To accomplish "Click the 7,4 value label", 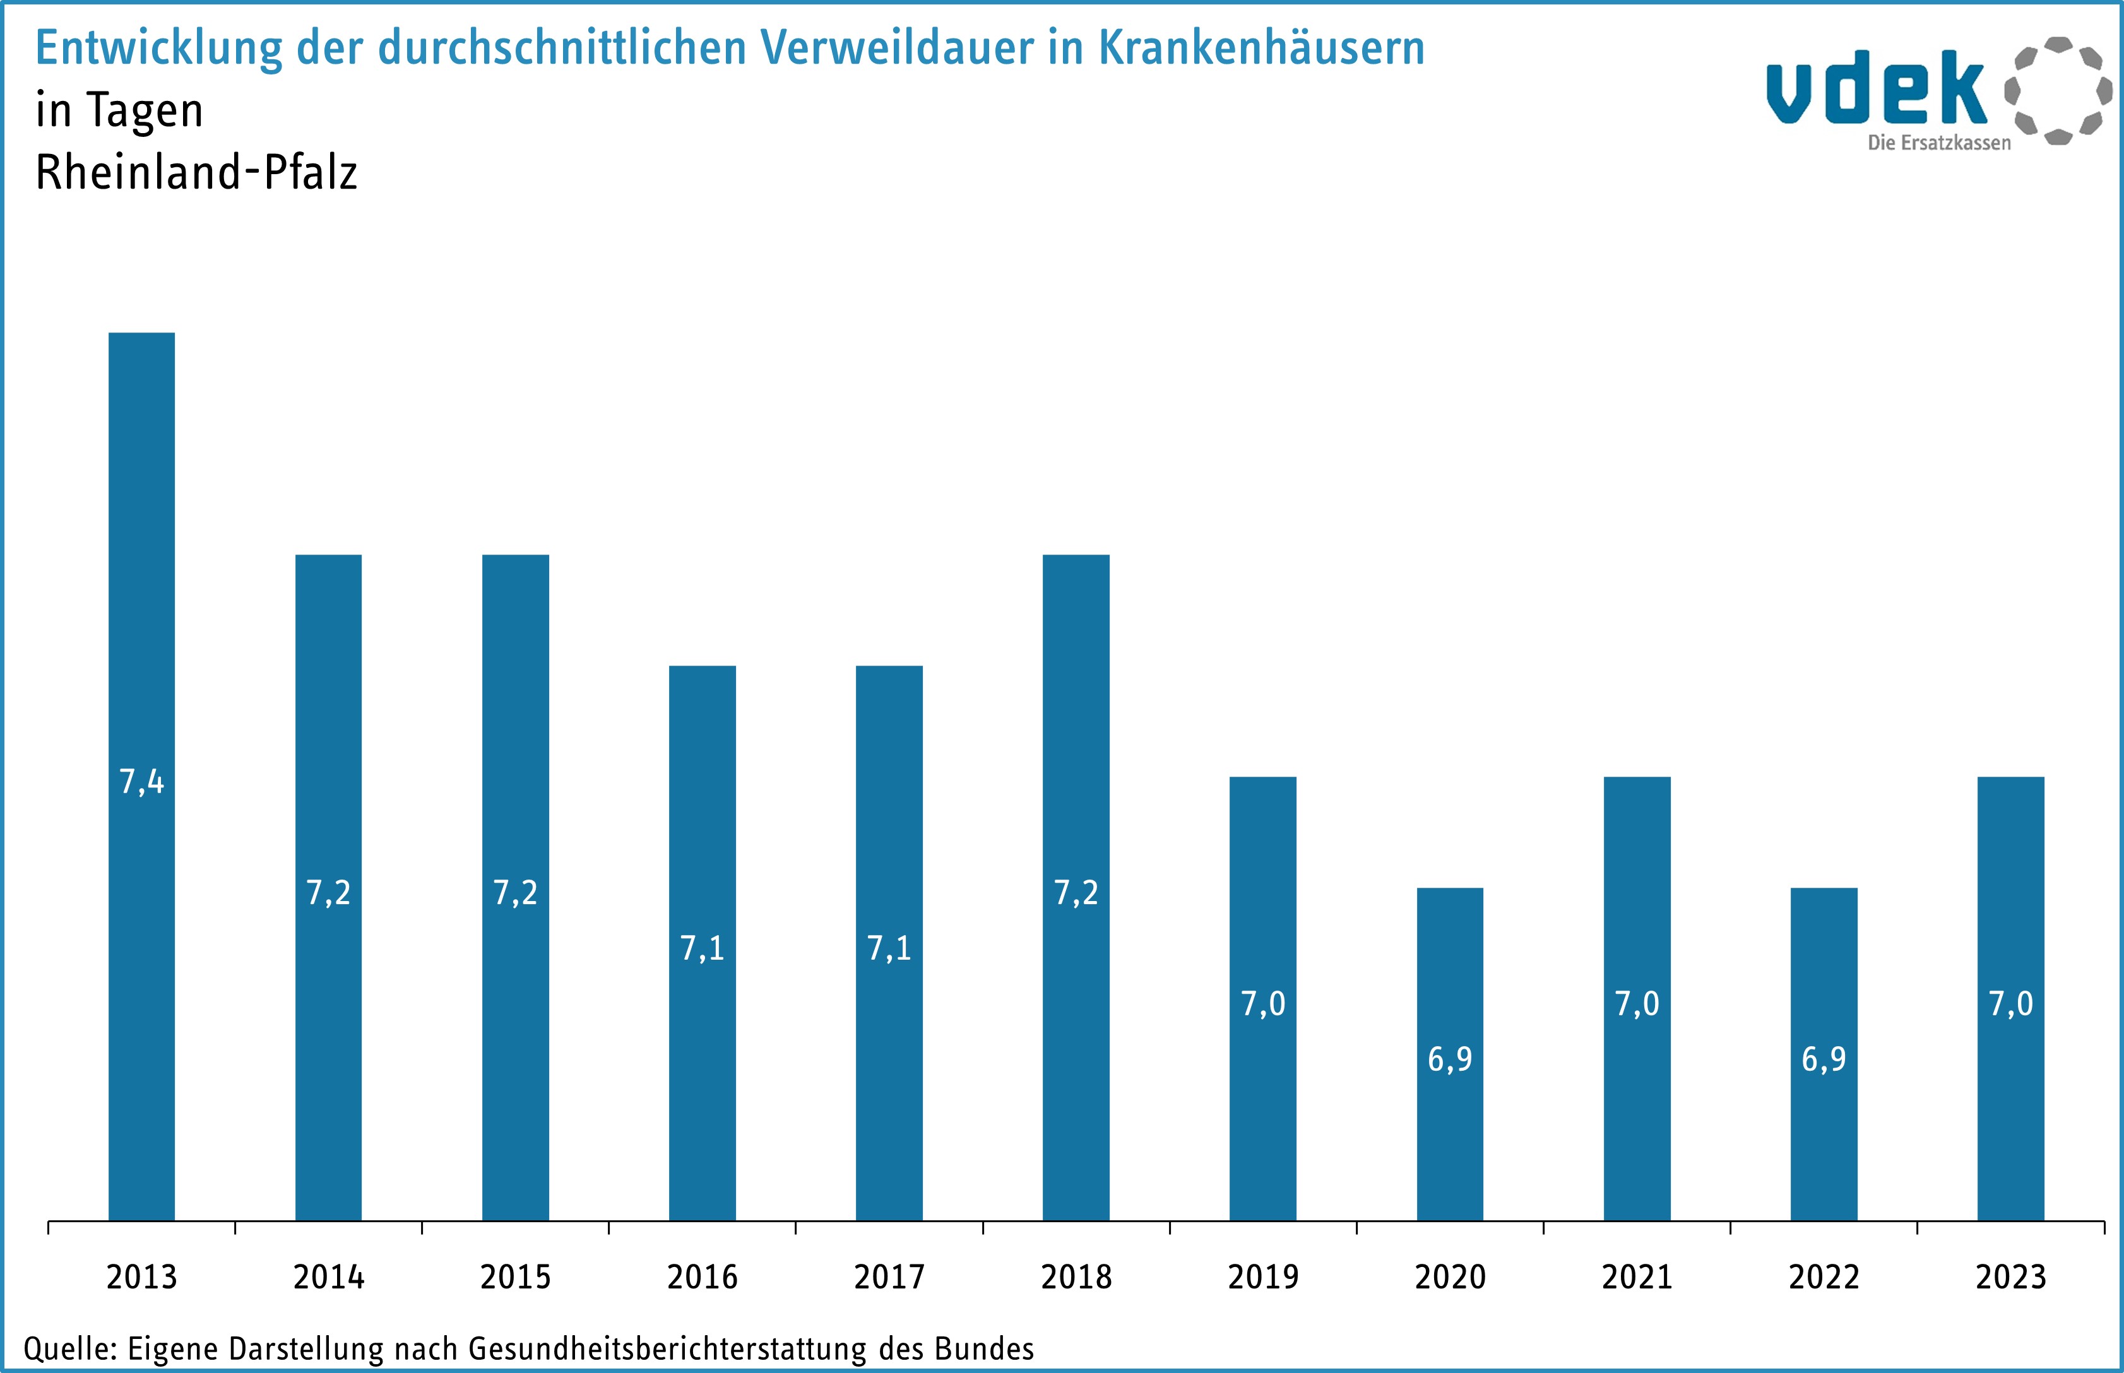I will pyautogui.click(x=142, y=782).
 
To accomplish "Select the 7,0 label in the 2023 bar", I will pyautogui.click(x=2011, y=1004).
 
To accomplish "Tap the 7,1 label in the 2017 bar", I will pyautogui.click(x=889, y=948).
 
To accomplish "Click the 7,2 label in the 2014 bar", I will pyautogui.click(x=328, y=892).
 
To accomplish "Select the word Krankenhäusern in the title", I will pyautogui.click(x=1261, y=47).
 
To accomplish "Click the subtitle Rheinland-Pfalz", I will pyautogui.click(x=196, y=172).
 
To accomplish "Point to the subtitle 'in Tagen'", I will pyautogui.click(x=119, y=110).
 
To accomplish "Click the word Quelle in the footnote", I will pyautogui.click(x=69, y=1348).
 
